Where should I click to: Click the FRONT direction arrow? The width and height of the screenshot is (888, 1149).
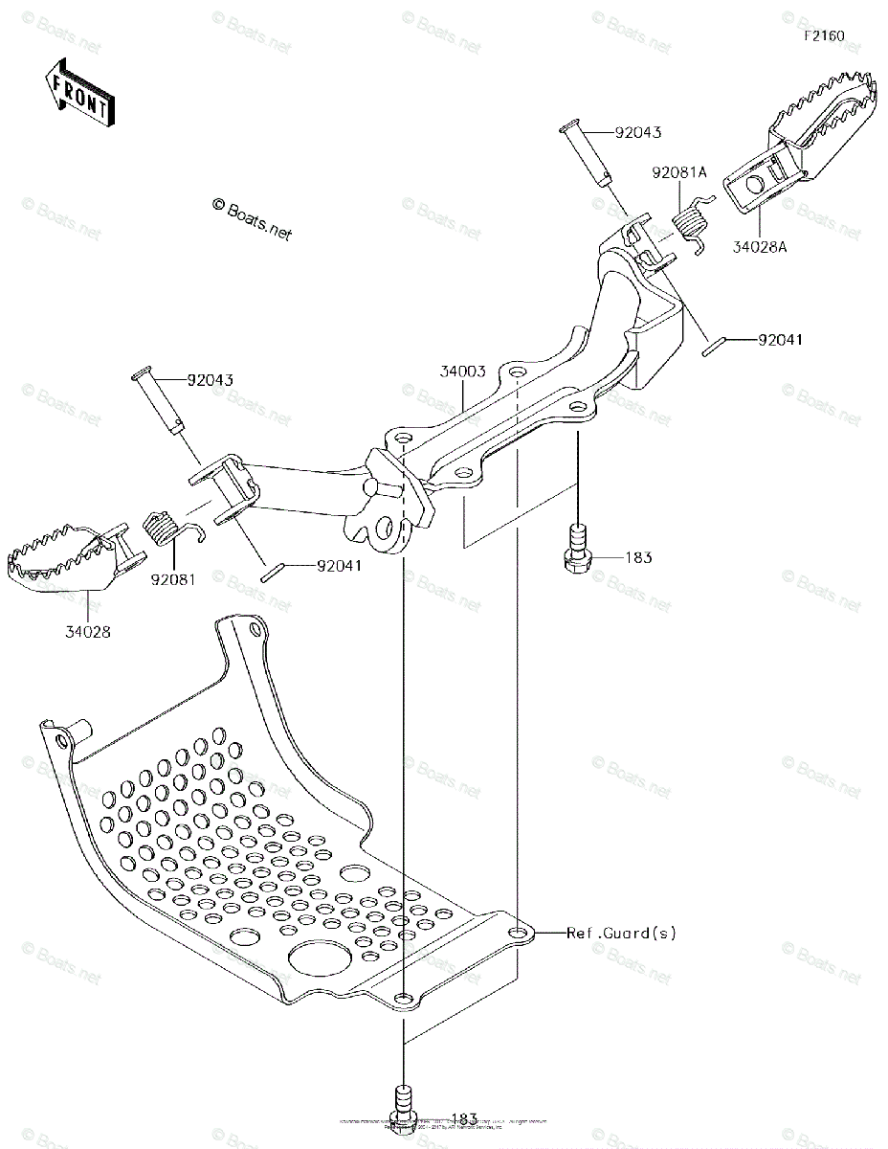pyautogui.click(x=79, y=93)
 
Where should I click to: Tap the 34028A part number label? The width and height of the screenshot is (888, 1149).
pyautogui.click(x=761, y=246)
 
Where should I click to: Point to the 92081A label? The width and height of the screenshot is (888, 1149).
pyautogui.click(x=679, y=173)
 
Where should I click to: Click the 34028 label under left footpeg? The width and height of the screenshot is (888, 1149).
pyautogui.click(x=88, y=632)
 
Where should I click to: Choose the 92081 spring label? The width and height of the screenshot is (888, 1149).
pyautogui.click(x=172, y=579)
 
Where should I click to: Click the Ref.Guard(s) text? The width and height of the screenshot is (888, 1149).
pyautogui.click(x=620, y=933)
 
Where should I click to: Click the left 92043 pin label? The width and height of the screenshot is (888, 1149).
pyautogui.click(x=211, y=380)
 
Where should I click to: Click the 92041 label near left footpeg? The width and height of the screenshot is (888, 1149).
pyautogui.click(x=340, y=566)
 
